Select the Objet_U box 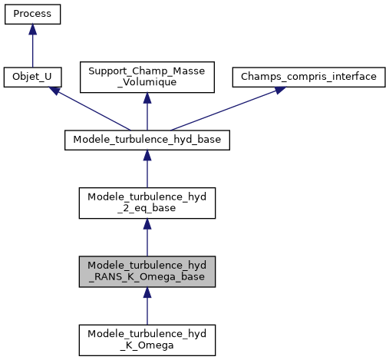(x=32, y=78)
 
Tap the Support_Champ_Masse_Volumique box (x=147, y=78)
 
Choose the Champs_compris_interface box (x=308, y=78)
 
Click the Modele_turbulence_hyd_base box (x=147, y=140)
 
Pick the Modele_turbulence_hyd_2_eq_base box (x=147, y=203)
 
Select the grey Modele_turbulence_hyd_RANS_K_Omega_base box (x=147, y=271)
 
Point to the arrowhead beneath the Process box (x=32, y=28)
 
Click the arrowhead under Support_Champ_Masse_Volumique (x=147, y=98)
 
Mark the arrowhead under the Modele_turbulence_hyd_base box (x=147, y=154)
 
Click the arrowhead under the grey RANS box (x=147, y=292)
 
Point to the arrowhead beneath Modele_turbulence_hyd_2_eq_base (x=147, y=223)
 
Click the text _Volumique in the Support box (x=147, y=83)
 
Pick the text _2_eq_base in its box (x=147, y=208)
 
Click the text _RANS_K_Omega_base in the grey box (x=147, y=276)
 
